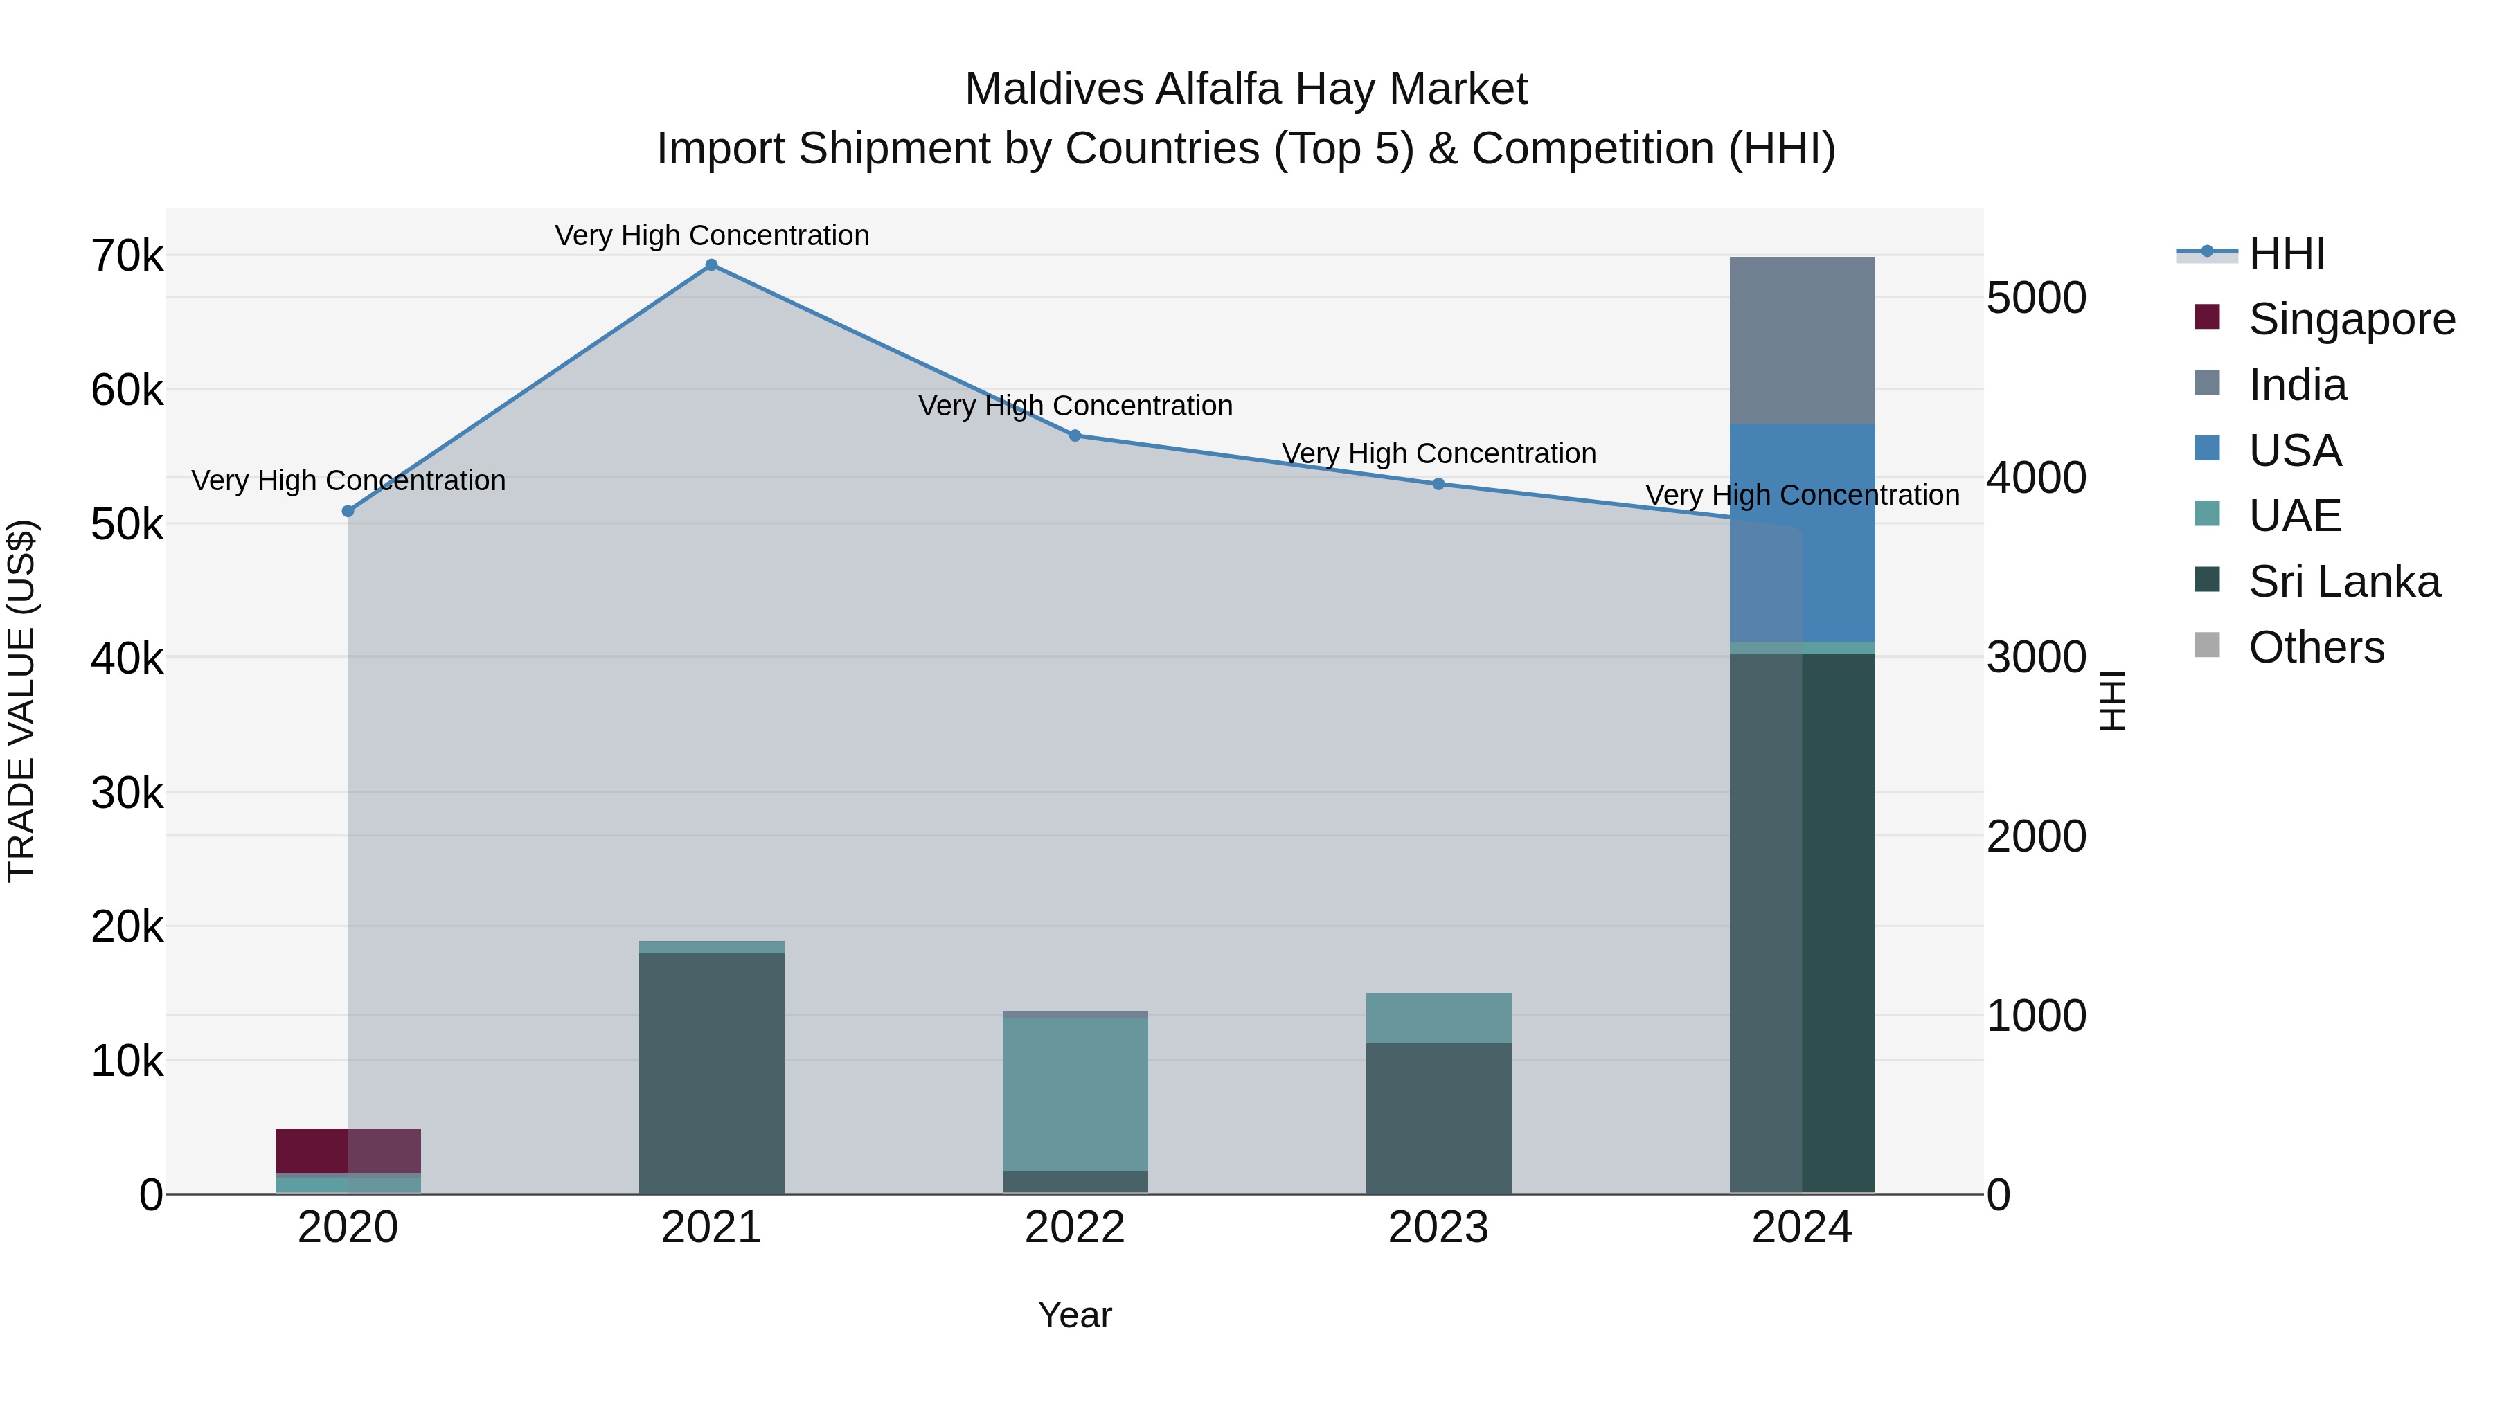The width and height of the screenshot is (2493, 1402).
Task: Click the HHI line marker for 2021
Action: (711, 265)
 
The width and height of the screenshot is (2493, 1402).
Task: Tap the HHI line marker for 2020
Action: (348, 511)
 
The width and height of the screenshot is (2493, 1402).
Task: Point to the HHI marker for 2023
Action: (1438, 484)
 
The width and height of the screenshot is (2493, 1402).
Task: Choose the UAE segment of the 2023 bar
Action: (1438, 1018)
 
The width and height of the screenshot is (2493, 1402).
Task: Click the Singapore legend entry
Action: (2352, 319)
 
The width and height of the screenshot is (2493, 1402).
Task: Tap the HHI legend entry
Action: (2286, 253)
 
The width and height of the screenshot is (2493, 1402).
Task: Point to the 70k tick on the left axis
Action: (127, 258)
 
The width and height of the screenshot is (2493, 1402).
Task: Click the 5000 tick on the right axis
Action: (2036, 298)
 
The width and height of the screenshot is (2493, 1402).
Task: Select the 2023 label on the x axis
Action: (1438, 1228)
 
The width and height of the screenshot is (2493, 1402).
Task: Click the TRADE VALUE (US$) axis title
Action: (21, 701)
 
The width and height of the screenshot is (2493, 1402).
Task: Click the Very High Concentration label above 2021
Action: (711, 235)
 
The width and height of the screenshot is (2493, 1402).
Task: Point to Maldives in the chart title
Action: (1052, 89)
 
